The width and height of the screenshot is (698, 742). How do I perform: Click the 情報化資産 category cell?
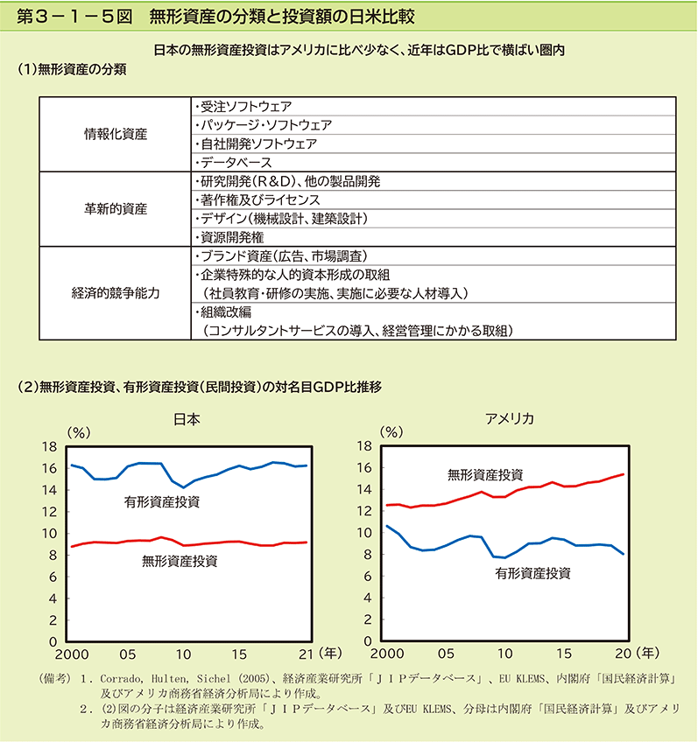(x=115, y=135)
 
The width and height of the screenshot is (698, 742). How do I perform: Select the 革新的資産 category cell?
(x=115, y=209)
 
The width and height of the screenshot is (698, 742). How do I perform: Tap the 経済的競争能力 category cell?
(x=115, y=293)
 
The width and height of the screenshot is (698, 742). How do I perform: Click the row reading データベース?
(x=434, y=163)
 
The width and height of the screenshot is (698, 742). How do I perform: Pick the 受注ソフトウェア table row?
(x=434, y=107)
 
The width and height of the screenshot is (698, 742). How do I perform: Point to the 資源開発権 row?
(x=434, y=237)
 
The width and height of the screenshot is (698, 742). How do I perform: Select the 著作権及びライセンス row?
(x=434, y=199)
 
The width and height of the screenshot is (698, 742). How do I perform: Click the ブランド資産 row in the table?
(x=434, y=256)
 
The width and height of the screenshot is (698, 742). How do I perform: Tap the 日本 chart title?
(x=187, y=419)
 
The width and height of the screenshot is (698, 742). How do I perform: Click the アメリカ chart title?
(x=510, y=419)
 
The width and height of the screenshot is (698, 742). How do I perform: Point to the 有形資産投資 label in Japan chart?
(x=162, y=502)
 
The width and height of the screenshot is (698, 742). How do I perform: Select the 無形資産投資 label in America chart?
(x=485, y=474)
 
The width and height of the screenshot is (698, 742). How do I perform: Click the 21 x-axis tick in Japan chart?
(x=306, y=654)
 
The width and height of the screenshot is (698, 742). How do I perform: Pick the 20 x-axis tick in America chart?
(x=624, y=654)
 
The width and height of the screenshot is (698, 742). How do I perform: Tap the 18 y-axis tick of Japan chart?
(x=49, y=447)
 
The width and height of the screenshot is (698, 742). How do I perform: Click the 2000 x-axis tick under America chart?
(x=387, y=654)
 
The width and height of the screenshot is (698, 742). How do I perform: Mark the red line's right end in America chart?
(x=624, y=474)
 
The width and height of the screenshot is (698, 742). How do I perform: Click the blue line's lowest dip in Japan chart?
(x=184, y=487)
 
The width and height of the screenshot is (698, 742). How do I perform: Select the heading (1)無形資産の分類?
(x=72, y=70)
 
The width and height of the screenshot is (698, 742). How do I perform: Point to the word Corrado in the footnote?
(x=121, y=679)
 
